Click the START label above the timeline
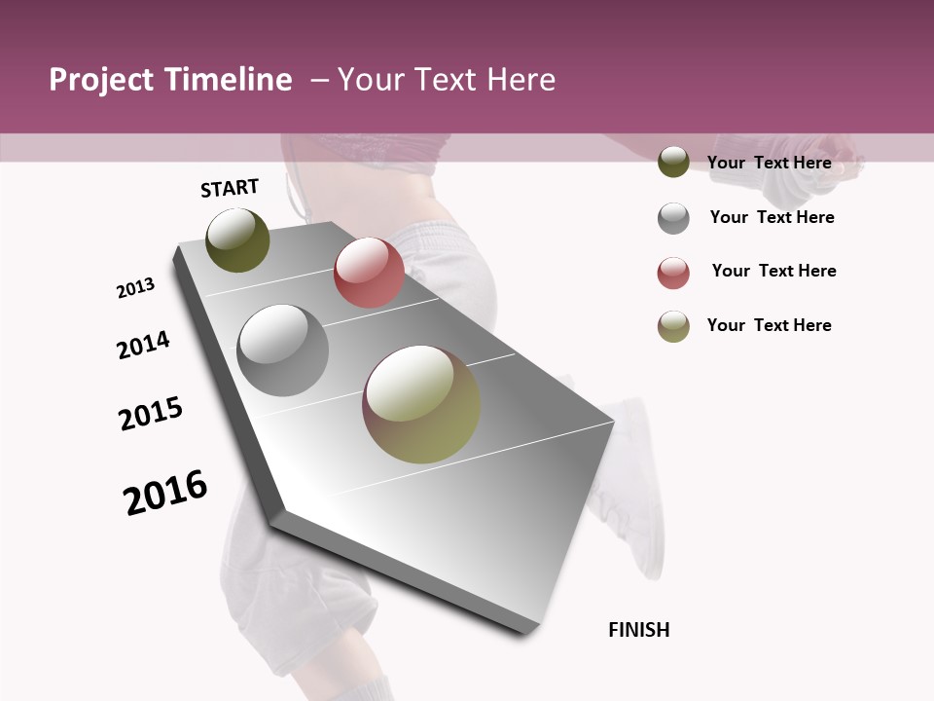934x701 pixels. [x=230, y=188]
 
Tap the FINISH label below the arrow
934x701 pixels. [x=639, y=630]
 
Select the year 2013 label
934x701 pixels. [x=136, y=288]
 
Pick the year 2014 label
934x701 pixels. [x=144, y=346]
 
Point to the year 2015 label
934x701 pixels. [x=151, y=414]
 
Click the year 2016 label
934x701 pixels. [x=165, y=492]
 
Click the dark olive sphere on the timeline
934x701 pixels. [x=237, y=240]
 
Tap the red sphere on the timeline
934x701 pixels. [x=369, y=273]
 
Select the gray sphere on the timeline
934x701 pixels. [x=283, y=350]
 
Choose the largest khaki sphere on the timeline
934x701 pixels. [x=421, y=404]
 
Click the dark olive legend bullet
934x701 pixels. [x=673, y=162]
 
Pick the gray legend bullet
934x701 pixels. [x=673, y=218]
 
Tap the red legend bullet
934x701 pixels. [x=673, y=273]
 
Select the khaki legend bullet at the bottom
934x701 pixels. [x=673, y=326]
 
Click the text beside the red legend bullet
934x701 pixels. [x=773, y=271]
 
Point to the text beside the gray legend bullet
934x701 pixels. [x=772, y=217]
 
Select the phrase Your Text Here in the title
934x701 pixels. [x=447, y=80]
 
